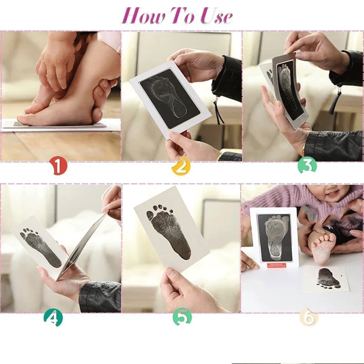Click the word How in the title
(139, 16)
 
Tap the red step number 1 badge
(58, 166)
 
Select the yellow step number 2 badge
(180, 167)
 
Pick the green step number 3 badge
(307, 166)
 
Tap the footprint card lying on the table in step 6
(327, 278)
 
